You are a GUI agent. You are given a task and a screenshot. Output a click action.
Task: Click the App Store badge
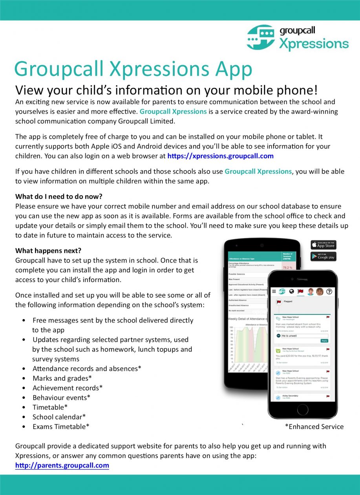323,245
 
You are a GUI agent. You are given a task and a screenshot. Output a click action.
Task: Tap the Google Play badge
323,256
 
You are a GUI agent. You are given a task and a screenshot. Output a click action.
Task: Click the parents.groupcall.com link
62,466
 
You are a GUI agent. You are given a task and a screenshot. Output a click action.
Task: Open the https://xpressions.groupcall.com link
220,156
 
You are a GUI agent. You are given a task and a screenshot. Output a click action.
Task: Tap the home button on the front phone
303,409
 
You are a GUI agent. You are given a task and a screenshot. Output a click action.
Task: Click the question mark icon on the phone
329,291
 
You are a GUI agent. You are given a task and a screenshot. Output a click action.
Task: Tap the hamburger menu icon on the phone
274,291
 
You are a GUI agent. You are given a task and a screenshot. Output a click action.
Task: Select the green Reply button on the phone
324,341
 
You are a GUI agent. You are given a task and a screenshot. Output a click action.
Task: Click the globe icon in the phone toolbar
291,291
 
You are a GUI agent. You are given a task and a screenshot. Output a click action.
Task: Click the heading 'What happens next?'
48,251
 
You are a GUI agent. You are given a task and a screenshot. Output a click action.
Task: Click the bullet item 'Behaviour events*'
62,398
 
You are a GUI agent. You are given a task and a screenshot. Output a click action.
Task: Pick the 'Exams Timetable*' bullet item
61,427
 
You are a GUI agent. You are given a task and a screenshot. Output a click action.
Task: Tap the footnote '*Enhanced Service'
314,427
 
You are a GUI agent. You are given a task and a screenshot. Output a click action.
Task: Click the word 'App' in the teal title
233,69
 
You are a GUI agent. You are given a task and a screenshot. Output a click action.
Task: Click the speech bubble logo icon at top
261,38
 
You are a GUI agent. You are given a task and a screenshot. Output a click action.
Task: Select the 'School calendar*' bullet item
59,417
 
